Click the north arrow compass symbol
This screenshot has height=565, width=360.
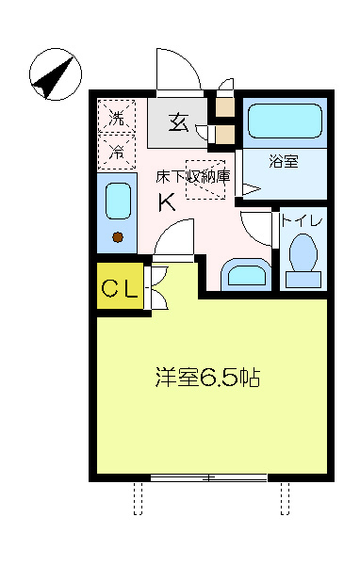click(56, 73)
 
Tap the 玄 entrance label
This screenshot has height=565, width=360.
click(179, 122)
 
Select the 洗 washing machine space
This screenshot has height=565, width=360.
click(117, 117)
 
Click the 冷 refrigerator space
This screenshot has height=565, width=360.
click(117, 152)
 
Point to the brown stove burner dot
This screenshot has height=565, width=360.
click(118, 237)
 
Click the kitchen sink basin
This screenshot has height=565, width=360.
click(119, 202)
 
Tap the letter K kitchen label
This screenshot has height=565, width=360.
click(167, 202)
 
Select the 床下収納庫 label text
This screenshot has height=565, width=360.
click(193, 177)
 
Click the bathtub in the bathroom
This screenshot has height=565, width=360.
click(285, 121)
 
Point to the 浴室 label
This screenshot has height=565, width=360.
click(284, 161)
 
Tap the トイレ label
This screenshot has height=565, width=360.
click(302, 220)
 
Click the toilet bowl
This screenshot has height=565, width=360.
click(303, 252)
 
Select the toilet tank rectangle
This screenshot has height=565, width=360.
click(303, 280)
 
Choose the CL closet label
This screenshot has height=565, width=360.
click(120, 288)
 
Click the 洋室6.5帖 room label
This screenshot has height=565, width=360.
click(207, 378)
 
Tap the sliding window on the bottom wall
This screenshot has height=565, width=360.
click(208, 477)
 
